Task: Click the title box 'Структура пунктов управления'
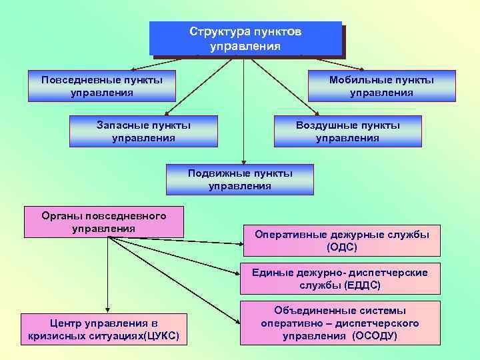point(245,39)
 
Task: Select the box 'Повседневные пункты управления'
point(101,86)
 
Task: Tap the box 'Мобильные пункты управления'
point(381,86)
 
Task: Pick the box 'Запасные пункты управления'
point(143,131)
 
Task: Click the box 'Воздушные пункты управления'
point(347,131)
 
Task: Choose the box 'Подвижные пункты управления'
point(240,179)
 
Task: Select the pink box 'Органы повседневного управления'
point(103,222)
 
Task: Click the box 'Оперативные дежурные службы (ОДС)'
point(341,241)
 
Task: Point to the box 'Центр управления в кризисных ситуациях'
point(103,329)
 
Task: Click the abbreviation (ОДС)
point(342,247)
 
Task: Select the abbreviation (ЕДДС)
point(362,285)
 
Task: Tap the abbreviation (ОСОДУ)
point(375,336)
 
